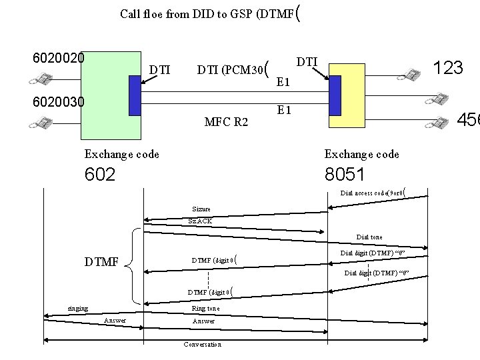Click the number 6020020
(x=59, y=58)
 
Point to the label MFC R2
(x=227, y=121)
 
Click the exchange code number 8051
(x=344, y=175)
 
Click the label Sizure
(x=201, y=209)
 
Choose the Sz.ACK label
(x=201, y=220)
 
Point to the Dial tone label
(x=369, y=237)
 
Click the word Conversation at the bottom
(x=202, y=345)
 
